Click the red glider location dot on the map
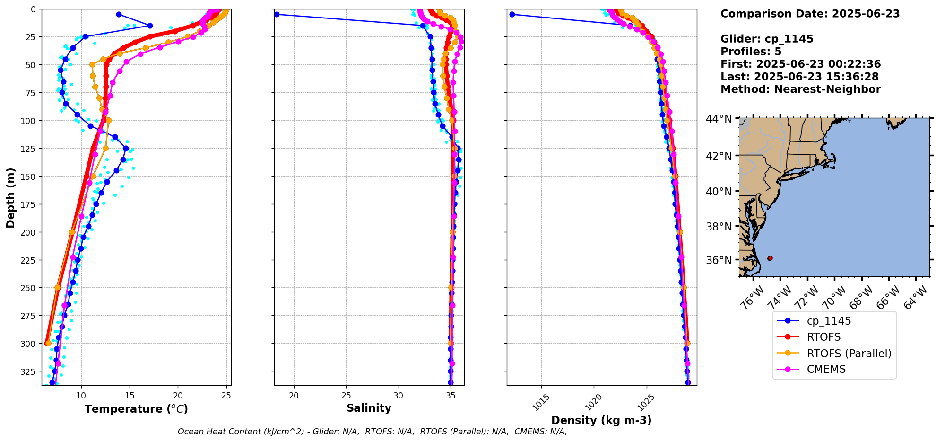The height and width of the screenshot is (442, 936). click(770, 258)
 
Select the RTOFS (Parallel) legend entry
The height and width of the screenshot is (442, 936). click(849, 353)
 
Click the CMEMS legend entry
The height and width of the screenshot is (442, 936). click(826, 369)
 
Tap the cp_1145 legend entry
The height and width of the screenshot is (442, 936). click(829, 321)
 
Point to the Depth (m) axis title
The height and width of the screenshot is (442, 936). click(10, 197)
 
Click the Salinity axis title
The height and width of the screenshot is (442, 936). click(369, 408)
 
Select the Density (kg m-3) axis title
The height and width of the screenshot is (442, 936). click(601, 420)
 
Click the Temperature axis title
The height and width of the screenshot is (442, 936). click(136, 409)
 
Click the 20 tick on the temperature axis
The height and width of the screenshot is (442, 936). click(178, 396)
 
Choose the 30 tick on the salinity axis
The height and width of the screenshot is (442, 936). click(399, 396)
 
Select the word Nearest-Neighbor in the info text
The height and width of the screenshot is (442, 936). click(827, 89)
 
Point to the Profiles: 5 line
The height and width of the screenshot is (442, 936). click(751, 52)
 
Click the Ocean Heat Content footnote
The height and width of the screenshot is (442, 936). click(372, 432)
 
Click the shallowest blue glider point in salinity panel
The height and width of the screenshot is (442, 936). click(277, 14)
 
